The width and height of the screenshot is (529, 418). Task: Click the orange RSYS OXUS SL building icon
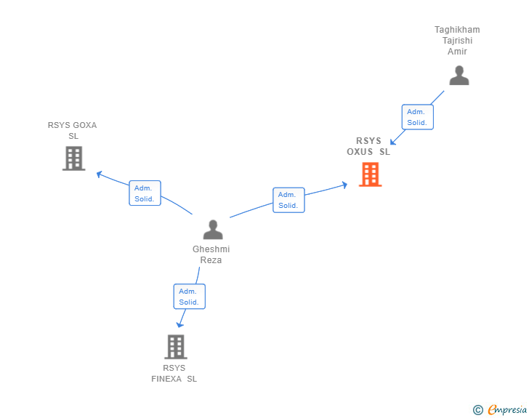coord(370,174)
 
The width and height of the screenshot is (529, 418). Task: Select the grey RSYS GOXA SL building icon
coord(73,158)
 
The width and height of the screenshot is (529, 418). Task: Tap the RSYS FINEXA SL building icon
coord(175,347)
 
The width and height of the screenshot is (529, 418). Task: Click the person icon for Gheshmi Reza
coord(213,230)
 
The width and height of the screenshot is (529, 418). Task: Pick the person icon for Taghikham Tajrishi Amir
coord(459,76)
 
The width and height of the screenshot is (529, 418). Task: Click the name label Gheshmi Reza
coord(211,254)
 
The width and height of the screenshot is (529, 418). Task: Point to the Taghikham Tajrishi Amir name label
coord(457,41)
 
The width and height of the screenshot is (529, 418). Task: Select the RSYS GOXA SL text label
coord(72,130)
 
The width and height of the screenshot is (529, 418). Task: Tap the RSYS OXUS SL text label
coord(368,146)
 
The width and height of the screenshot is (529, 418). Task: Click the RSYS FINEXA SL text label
coord(174,373)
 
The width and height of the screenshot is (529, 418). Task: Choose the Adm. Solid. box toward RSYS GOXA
coord(145,193)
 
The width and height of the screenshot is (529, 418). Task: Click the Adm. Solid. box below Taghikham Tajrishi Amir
coord(417,117)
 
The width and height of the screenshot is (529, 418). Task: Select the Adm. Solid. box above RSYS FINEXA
coord(189,297)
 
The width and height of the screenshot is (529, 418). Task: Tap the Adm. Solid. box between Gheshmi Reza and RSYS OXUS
coord(288,200)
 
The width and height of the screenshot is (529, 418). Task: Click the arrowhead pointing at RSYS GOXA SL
coord(100,174)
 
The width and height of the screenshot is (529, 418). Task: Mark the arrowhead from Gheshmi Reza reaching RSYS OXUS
coord(344,185)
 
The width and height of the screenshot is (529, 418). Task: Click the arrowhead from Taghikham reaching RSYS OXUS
coord(392,142)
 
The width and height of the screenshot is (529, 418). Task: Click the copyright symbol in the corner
coord(477,410)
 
